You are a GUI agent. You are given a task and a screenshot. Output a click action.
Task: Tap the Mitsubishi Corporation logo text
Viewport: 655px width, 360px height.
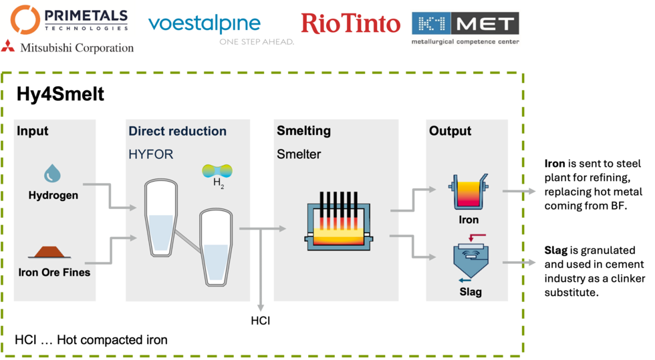tap(77, 47)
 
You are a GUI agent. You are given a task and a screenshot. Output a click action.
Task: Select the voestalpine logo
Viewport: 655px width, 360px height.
tap(204, 25)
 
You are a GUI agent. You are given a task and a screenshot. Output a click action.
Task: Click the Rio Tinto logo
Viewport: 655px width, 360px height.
tap(352, 23)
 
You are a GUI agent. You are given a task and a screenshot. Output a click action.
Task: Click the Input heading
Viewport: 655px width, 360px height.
tap(33, 131)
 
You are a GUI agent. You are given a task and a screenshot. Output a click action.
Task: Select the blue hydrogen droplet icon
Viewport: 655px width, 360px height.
tap(52, 174)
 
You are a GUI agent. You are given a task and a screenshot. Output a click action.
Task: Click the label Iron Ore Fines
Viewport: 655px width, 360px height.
tap(54, 272)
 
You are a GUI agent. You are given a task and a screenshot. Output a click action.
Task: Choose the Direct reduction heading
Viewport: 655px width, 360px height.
tap(177, 131)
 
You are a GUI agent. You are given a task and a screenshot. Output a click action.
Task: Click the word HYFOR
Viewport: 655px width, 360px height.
tap(150, 154)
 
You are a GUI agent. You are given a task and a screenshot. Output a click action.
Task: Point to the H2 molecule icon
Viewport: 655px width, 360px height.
tap(218, 172)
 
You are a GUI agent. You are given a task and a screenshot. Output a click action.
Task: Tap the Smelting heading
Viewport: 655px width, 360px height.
tap(303, 131)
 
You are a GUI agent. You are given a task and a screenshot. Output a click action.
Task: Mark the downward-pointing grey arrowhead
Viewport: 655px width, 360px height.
tap(261, 307)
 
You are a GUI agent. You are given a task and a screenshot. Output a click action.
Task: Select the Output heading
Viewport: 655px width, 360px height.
tap(450, 131)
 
